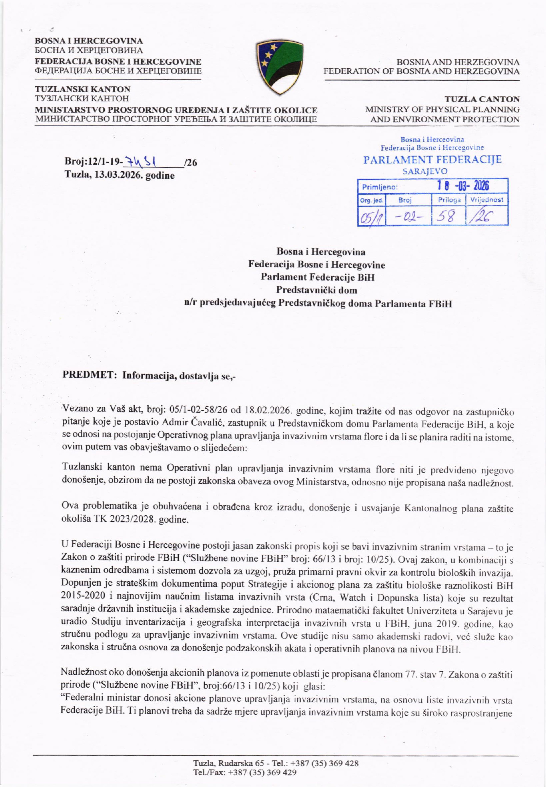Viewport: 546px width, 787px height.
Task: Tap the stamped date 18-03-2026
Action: point(463,186)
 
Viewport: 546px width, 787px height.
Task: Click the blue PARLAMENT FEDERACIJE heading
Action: point(432,160)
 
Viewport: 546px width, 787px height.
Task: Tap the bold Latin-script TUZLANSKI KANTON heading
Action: point(82,89)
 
